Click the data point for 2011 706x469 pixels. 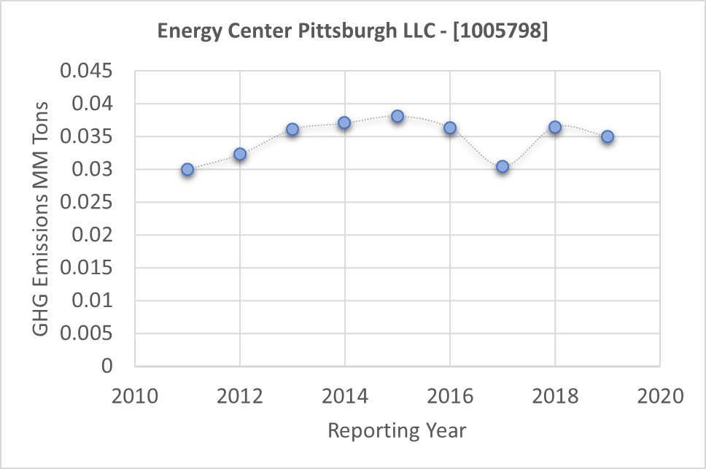coord(187,169)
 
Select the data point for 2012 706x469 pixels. coord(240,154)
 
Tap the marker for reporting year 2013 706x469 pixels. coord(292,129)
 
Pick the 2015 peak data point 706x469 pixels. coord(397,116)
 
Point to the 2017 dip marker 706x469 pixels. coord(503,166)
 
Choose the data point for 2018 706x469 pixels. coord(555,127)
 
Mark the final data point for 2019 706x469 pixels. coord(608,136)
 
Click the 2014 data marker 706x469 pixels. coord(345,123)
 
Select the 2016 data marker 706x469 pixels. coord(450,128)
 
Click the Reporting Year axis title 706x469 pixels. coord(397,430)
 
